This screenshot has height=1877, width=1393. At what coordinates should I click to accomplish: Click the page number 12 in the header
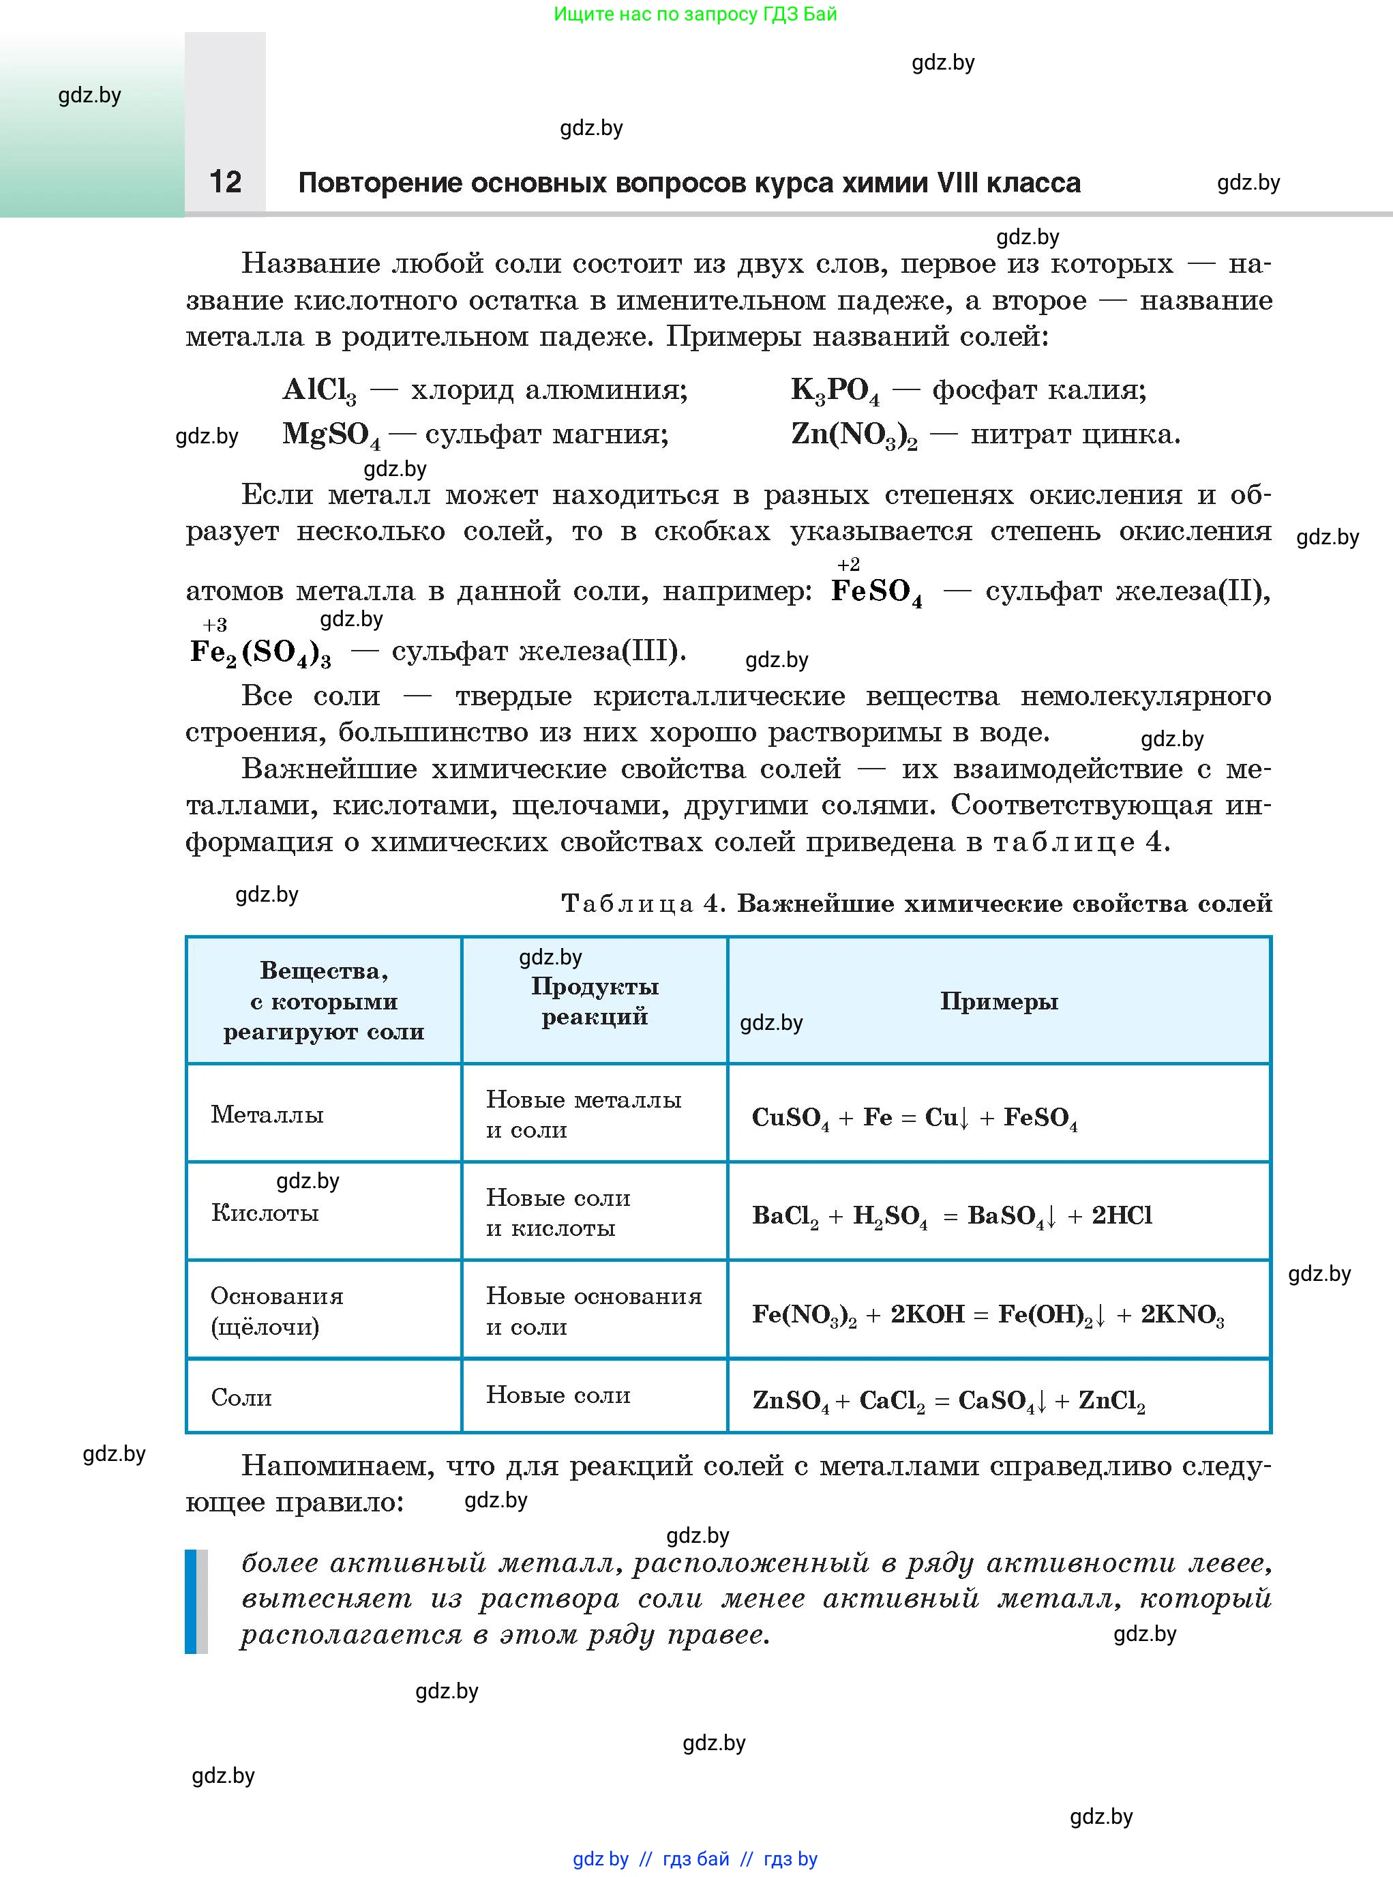click(225, 181)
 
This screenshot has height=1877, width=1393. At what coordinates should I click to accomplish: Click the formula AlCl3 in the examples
click(318, 391)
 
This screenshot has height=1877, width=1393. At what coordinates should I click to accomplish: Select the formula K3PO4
click(835, 391)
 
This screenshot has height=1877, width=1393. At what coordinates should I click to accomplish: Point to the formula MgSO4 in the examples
click(331, 435)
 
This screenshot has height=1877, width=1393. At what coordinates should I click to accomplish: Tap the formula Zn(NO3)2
click(854, 435)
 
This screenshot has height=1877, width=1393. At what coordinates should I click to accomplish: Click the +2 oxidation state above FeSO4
click(848, 564)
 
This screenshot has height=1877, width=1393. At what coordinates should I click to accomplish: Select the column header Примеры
click(998, 1001)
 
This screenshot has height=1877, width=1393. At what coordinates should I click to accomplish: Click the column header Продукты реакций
click(595, 1001)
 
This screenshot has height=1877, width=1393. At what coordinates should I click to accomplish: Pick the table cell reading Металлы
click(267, 1114)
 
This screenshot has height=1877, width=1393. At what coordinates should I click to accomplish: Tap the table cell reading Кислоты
click(265, 1213)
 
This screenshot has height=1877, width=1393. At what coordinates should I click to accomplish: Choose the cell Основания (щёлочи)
click(277, 1311)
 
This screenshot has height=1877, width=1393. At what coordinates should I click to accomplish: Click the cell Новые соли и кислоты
click(558, 1213)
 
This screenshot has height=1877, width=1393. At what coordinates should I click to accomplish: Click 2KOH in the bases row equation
click(927, 1314)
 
